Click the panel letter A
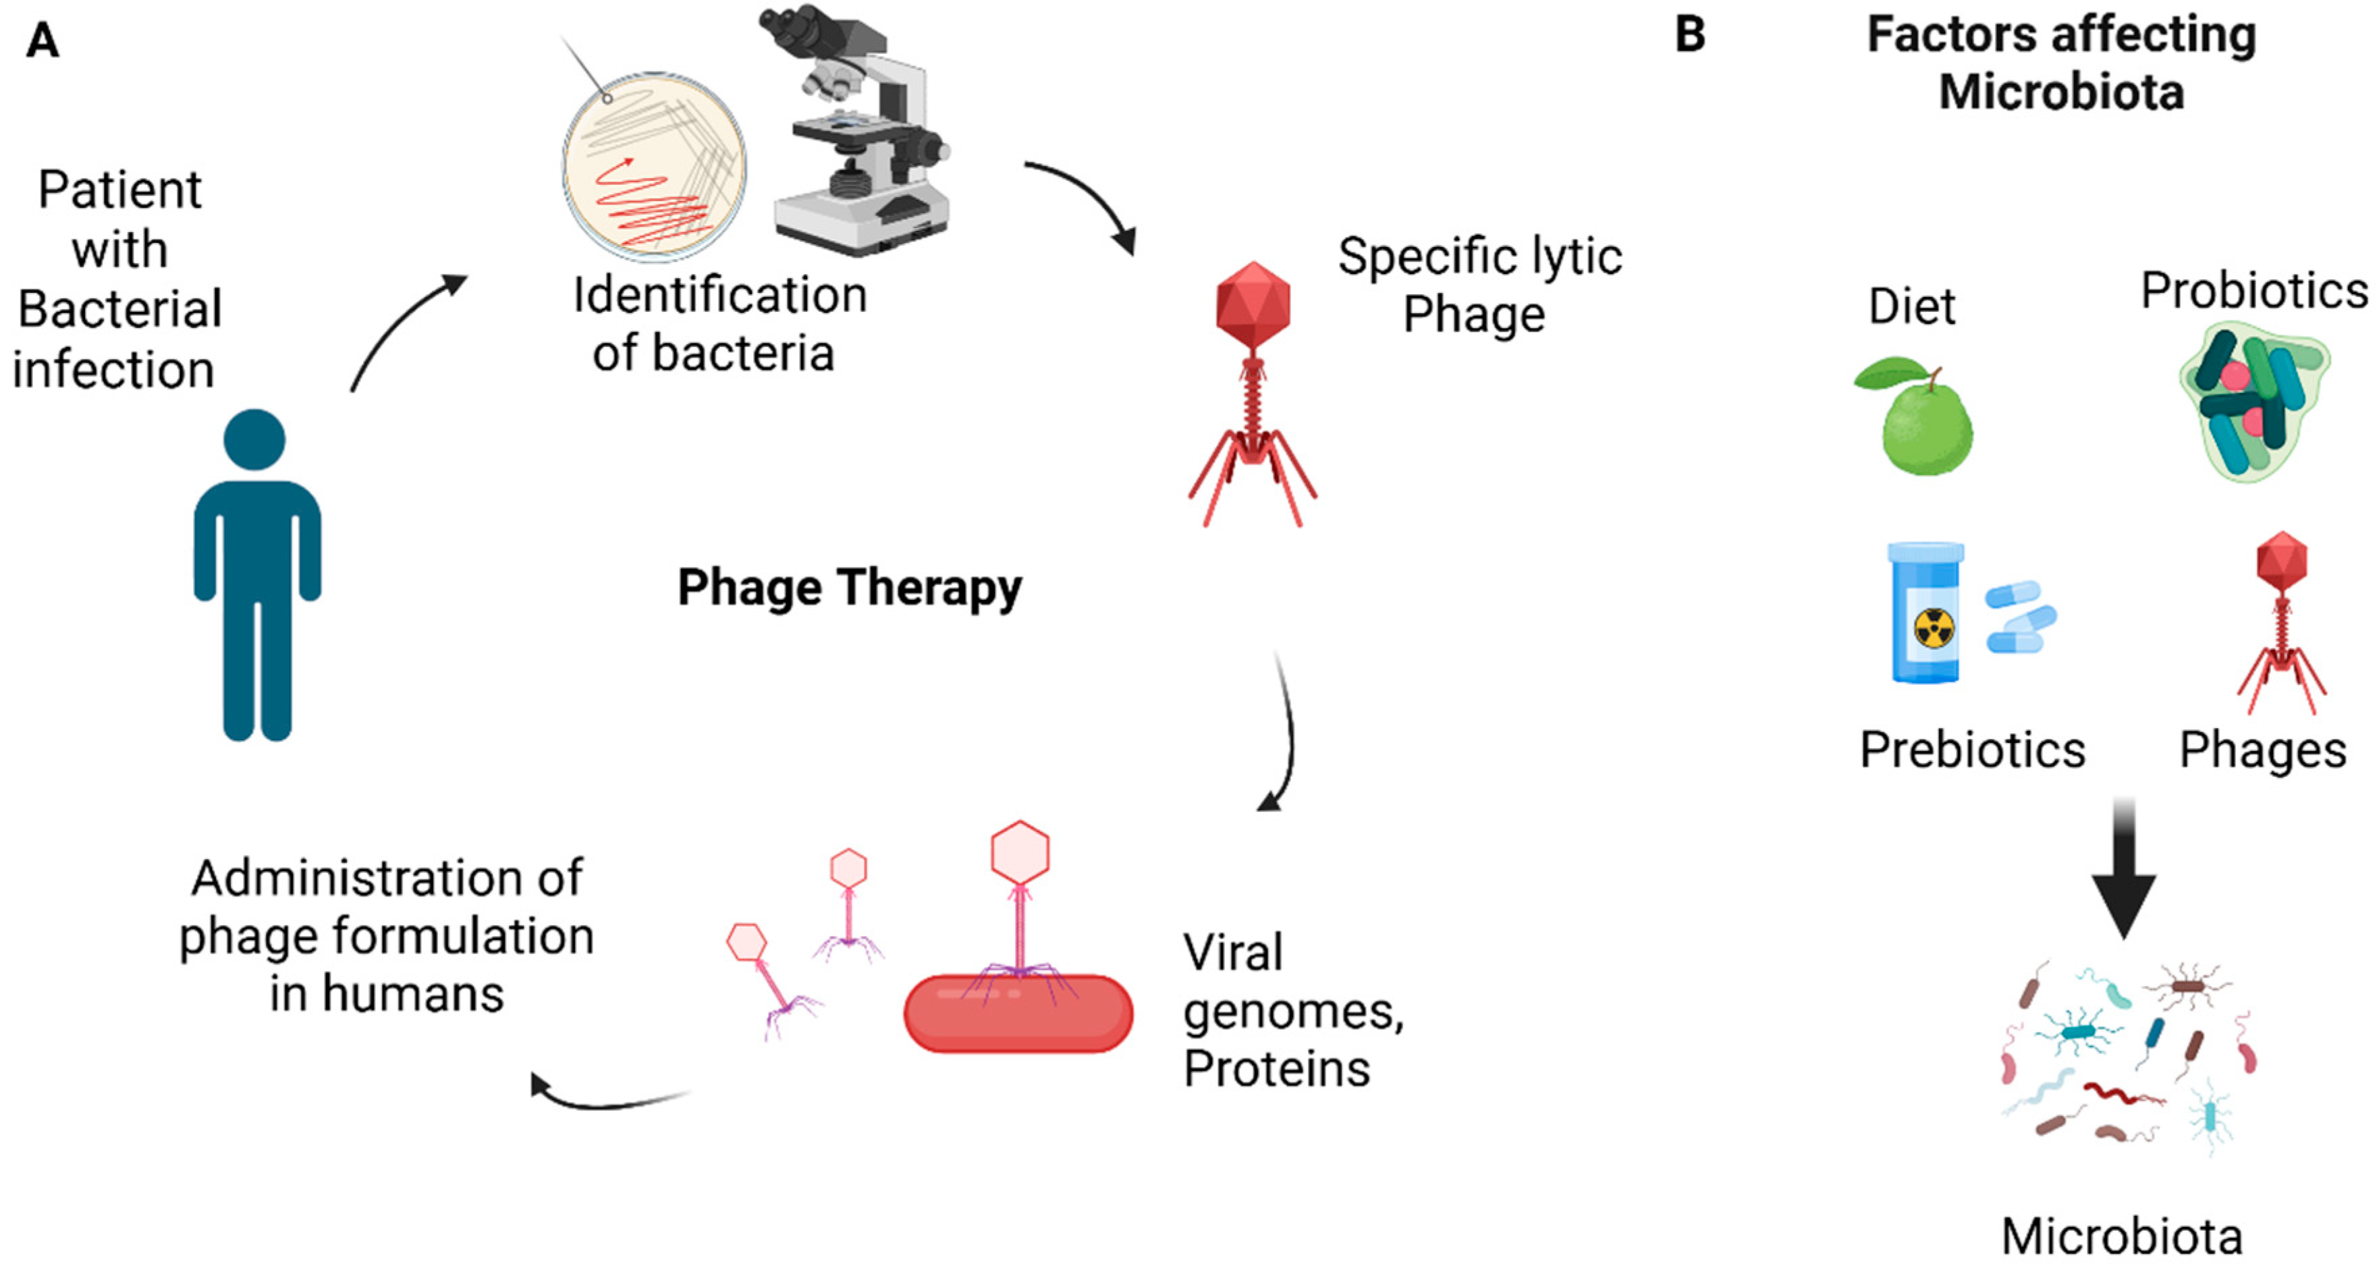[42, 40]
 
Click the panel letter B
[1689, 35]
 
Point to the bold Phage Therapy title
[849, 588]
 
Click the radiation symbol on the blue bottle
[1933, 629]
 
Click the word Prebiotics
[1972, 749]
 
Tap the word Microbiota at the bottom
[2121, 1236]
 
